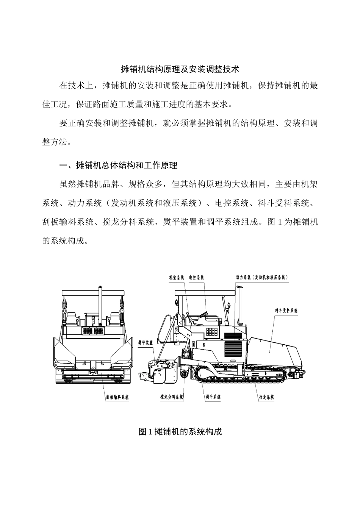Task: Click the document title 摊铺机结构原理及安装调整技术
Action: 180,69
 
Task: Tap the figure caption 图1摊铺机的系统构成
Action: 180,431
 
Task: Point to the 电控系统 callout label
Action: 196,278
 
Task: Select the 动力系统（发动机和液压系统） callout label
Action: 261,278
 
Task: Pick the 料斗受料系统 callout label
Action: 286,311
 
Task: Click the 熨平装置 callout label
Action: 145,342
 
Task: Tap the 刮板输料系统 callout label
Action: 117,397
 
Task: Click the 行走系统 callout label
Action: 266,397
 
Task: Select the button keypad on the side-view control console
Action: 211,331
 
